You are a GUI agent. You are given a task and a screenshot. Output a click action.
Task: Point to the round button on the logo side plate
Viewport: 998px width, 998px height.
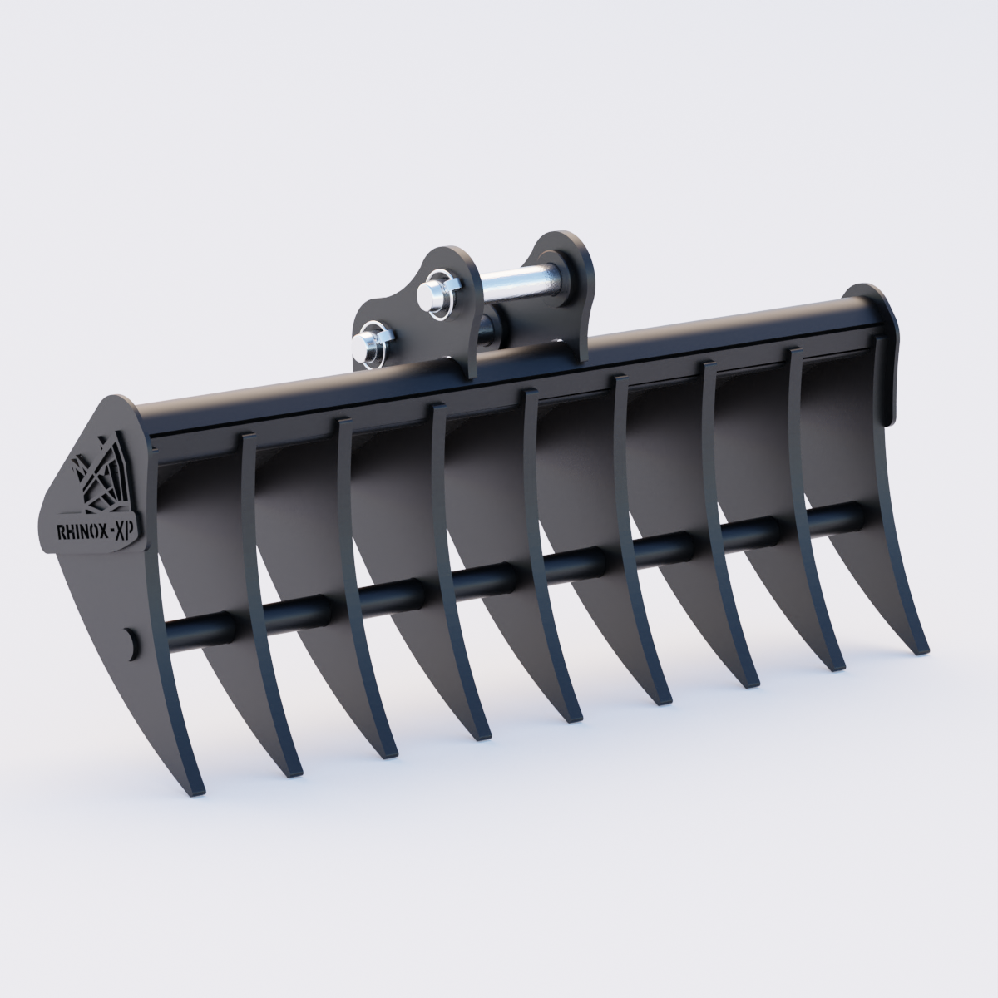pos(130,643)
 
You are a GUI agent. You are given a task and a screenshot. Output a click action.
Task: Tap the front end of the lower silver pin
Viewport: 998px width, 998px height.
pos(363,343)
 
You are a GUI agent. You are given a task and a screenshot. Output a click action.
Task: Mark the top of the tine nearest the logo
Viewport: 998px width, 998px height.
pos(247,441)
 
